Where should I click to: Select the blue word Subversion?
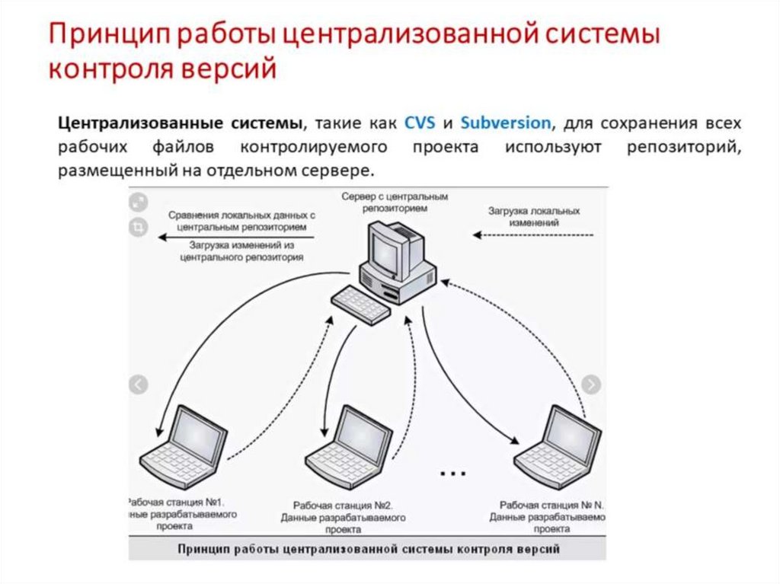pos(507,122)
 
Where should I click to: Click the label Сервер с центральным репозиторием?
pos(395,201)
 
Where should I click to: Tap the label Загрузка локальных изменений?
pos(534,216)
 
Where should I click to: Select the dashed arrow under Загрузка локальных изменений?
pos(533,235)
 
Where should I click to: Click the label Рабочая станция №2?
pos(343,506)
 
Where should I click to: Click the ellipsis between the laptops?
pos(452,473)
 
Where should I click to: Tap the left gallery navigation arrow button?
pos(138,385)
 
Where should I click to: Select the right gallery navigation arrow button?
pos(592,385)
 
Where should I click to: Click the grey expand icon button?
pos(139,203)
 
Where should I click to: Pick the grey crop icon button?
pos(139,227)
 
